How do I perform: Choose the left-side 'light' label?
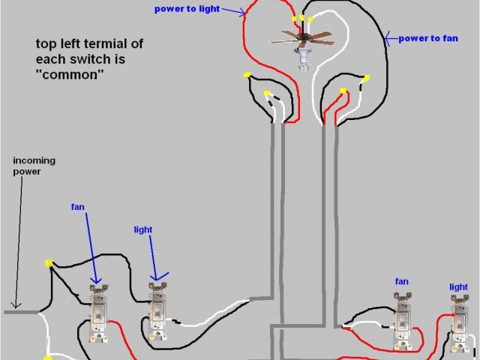[145, 229]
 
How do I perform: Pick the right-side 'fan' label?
[402, 281]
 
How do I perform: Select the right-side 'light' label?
[458, 287]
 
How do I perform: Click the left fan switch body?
[97, 315]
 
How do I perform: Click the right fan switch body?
[402, 322]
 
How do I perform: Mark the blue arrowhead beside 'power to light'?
[244, 13]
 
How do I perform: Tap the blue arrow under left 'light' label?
[152, 259]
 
